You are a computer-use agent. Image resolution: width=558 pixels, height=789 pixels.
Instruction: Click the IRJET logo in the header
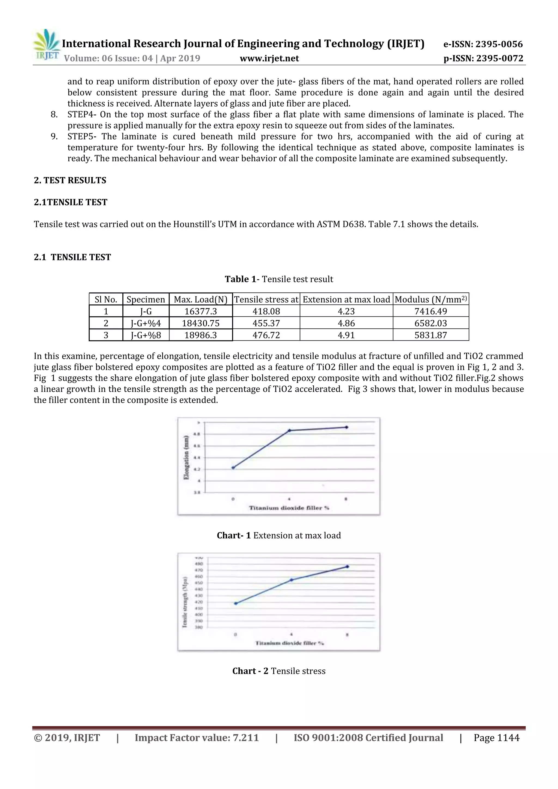click(x=46, y=45)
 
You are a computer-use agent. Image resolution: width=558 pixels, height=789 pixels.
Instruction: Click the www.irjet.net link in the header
click(x=269, y=58)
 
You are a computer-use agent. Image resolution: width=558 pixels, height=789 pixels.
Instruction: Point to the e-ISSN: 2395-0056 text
click(x=483, y=44)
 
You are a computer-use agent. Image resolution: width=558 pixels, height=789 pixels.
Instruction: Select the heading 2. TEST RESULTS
click(x=70, y=180)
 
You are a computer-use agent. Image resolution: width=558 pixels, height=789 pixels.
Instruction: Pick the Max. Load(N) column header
click(x=201, y=299)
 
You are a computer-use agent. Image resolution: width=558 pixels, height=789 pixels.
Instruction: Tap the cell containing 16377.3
click(x=201, y=311)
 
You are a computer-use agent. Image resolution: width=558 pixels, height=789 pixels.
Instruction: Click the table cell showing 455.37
click(x=266, y=323)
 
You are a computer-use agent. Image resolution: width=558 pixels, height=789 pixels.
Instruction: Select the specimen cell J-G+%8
click(x=146, y=335)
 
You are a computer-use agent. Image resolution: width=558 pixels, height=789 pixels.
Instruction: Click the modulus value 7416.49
click(x=430, y=311)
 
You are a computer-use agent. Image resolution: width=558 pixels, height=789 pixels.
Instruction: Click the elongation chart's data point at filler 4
click(x=289, y=430)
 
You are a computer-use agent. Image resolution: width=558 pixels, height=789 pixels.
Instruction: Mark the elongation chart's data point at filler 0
click(x=233, y=467)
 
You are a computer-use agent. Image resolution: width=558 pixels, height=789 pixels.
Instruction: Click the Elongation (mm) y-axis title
click(x=186, y=457)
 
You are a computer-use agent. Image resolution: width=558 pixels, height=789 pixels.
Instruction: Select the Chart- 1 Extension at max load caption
click(x=279, y=535)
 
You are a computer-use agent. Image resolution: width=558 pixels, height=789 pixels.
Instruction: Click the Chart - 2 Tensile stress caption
click(x=279, y=671)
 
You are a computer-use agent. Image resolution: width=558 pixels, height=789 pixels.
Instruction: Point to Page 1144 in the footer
click(x=496, y=738)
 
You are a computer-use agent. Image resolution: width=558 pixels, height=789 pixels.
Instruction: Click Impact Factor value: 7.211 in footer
click(x=197, y=738)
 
